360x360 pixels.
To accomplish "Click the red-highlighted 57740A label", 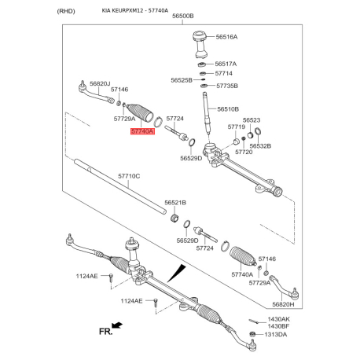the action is pos(143,131).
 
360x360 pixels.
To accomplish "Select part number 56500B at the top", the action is pos(183,16).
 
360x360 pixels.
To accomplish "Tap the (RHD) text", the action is pos(66,11).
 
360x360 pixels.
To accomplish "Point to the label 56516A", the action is pos(226,37).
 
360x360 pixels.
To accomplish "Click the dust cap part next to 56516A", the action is pos(201,44).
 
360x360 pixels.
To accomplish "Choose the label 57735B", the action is pos(227,86).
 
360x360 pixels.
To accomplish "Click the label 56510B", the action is pos(228,109).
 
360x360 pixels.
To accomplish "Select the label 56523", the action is pos(252,120).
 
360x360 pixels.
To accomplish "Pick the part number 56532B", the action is pos(260,146).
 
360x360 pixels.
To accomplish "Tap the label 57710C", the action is pos(129,176).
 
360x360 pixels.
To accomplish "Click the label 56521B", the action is pos(175,203).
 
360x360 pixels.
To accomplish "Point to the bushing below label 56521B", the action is pos(174,218).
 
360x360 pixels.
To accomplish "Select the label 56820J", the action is pos(100,83).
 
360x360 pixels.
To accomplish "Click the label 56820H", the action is pos(283,304).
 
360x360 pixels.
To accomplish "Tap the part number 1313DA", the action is pos(276,335).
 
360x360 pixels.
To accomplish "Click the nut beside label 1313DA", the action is pos(252,334).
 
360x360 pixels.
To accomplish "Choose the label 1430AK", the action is pos(279,319).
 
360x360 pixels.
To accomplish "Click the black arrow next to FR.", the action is pos(117,325).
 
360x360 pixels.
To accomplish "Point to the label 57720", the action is pos(244,152).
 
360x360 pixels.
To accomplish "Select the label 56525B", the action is pos(182,80).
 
